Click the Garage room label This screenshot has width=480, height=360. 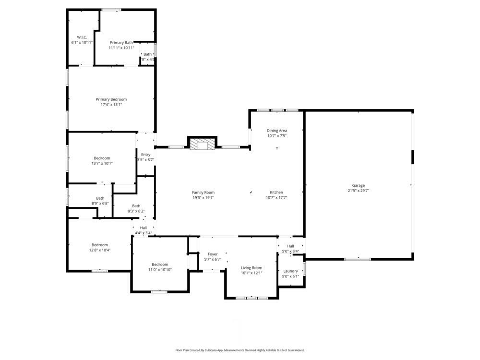pyautogui.click(x=359, y=185)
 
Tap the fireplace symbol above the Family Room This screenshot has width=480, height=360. pyautogui.click(x=202, y=144)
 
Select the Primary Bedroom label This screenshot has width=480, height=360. pyautogui.click(x=111, y=99)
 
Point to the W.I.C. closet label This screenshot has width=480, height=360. pyautogui.click(x=82, y=37)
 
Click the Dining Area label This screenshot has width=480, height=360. pyautogui.click(x=277, y=131)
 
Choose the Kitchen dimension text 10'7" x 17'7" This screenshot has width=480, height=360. pyautogui.click(x=276, y=197)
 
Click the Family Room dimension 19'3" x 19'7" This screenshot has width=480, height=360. pyautogui.click(x=203, y=197)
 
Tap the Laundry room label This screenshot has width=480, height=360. pyautogui.click(x=290, y=271)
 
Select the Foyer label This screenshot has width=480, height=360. pyautogui.click(x=213, y=254)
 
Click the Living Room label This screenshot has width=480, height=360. pyautogui.click(x=252, y=268)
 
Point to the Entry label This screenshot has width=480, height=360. pyautogui.click(x=145, y=155)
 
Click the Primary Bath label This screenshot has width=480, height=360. pyautogui.click(x=121, y=43)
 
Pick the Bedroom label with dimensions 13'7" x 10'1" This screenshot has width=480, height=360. pyautogui.click(x=102, y=158)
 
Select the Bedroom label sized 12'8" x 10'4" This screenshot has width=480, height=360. pyautogui.click(x=100, y=245)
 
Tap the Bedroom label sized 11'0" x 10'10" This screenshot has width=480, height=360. pyautogui.click(x=160, y=264)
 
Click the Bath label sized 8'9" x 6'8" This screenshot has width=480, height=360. pyautogui.click(x=100, y=198)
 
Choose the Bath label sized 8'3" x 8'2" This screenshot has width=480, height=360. pyautogui.click(x=136, y=206)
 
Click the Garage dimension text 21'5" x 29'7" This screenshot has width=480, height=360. pyautogui.click(x=359, y=191)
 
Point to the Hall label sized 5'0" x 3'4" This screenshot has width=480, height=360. pyautogui.click(x=290, y=246)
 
